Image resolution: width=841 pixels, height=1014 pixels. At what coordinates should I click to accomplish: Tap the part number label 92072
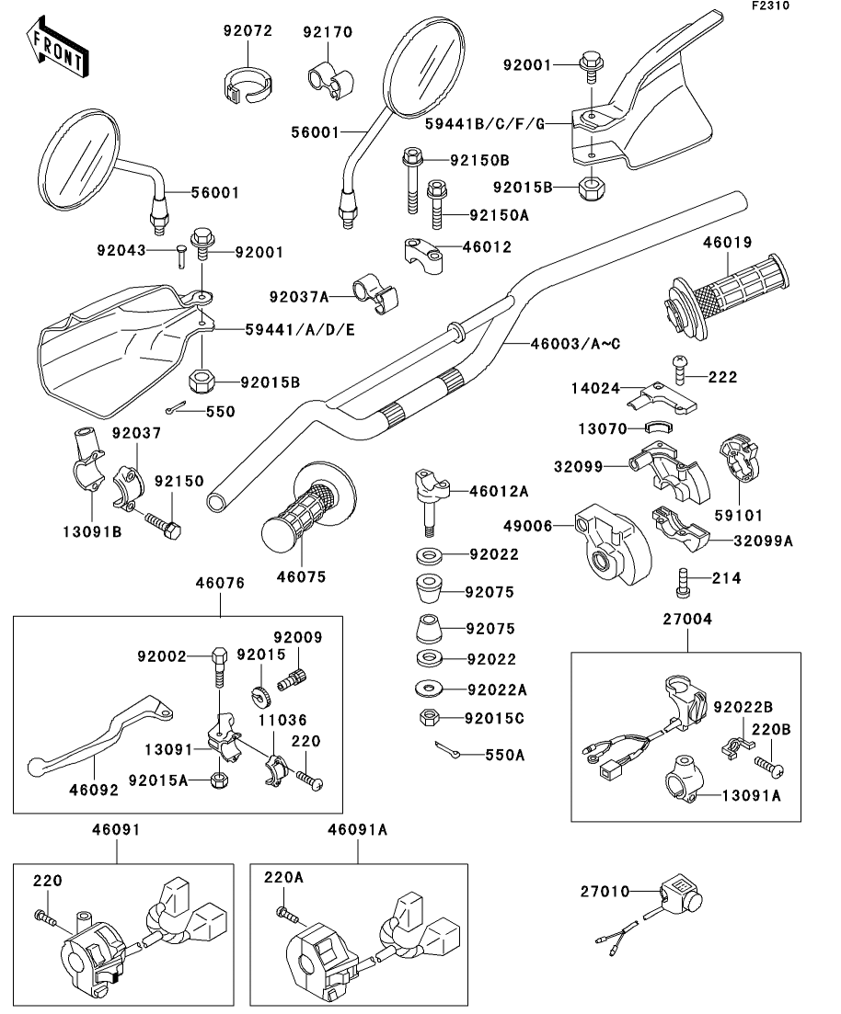248,31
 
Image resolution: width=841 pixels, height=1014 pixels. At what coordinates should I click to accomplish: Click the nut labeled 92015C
428,716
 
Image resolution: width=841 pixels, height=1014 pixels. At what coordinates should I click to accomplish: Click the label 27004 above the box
686,620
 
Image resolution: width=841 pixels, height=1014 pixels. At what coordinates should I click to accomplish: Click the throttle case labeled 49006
609,544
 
